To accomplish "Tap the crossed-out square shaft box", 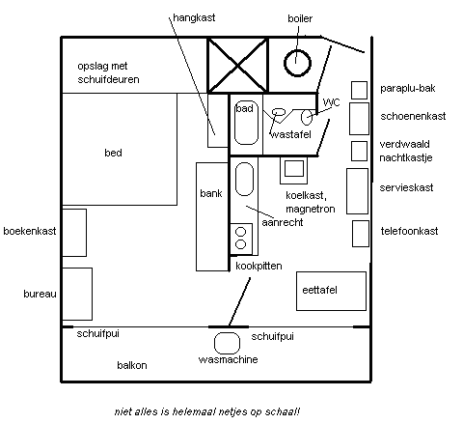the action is pyautogui.click(x=237, y=66).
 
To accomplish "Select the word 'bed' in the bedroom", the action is pyautogui.click(x=113, y=153).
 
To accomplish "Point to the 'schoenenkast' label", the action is pyautogui.click(x=413, y=116).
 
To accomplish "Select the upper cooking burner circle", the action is pyautogui.click(x=240, y=232).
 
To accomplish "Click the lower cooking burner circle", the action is pyautogui.click(x=240, y=244).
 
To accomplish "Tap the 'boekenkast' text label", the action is pyautogui.click(x=30, y=231).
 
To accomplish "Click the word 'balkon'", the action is pyautogui.click(x=132, y=365).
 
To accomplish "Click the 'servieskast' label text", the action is pyautogui.click(x=406, y=187).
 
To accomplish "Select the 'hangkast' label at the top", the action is pyautogui.click(x=194, y=17).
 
